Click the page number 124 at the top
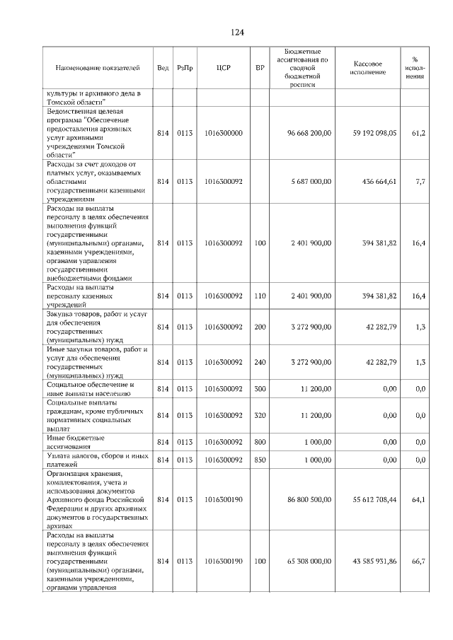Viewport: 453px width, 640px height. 237,33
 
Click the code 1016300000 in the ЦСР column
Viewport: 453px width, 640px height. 223,133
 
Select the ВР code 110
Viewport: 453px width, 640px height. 260,296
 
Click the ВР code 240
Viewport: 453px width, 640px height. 260,362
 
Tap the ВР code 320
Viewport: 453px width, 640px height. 260,416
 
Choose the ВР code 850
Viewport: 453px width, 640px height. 260,460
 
